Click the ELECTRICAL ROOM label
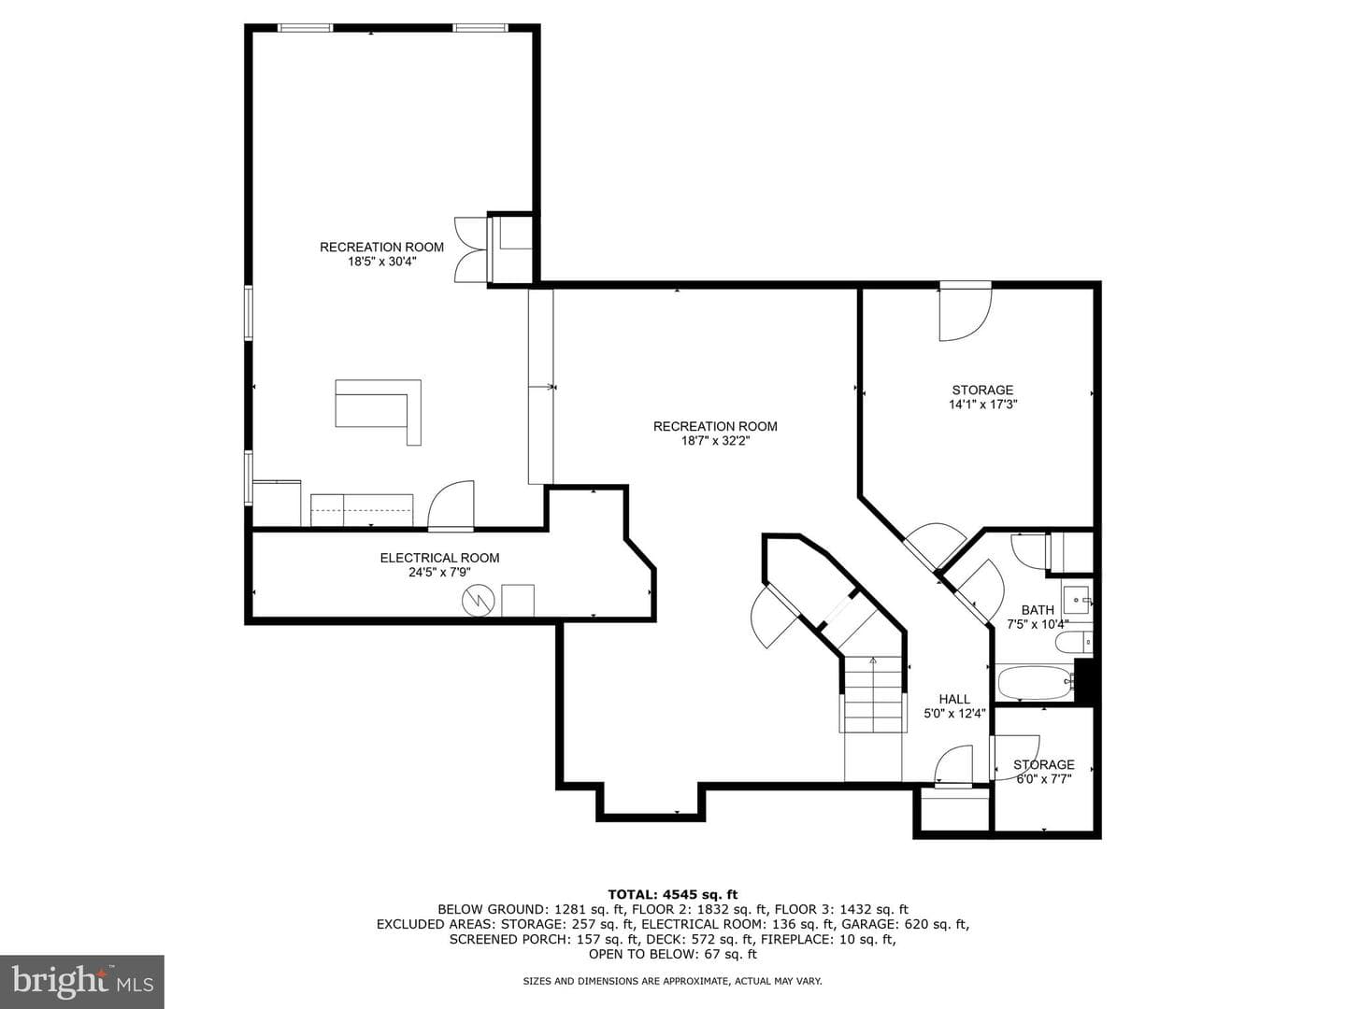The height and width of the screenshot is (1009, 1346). [439, 558]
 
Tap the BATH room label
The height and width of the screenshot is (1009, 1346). [1038, 610]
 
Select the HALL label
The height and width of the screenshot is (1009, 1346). [954, 699]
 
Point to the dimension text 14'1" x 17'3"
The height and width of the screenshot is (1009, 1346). [983, 405]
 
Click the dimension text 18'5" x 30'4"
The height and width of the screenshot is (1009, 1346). [382, 262]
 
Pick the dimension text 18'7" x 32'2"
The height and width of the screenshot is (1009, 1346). [715, 441]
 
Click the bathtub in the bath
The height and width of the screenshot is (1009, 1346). [1036, 683]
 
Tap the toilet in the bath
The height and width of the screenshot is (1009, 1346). [1073, 642]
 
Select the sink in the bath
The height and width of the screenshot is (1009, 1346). [1076, 600]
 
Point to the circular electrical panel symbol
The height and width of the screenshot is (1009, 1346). [479, 601]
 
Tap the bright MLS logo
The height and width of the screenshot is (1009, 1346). [82, 981]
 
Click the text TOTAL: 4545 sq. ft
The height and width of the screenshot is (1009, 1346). [673, 895]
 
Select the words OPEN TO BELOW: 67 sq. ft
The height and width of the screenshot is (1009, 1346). [673, 954]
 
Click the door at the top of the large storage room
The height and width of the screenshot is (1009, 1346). [966, 311]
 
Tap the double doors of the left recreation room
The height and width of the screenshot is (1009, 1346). [471, 250]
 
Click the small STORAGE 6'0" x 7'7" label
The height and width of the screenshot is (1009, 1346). [1044, 772]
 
